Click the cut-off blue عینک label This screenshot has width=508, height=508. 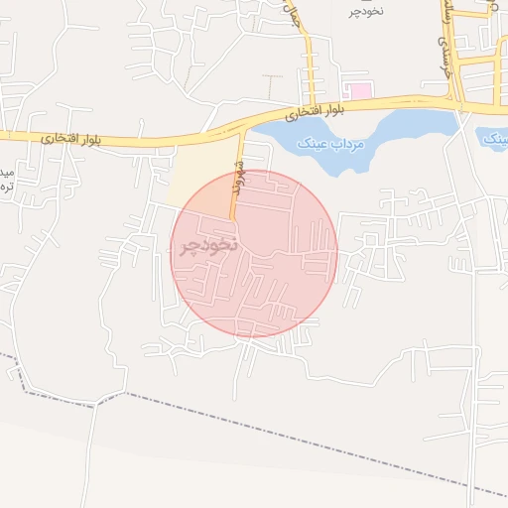point(496,139)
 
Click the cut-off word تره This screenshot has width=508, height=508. point(5,187)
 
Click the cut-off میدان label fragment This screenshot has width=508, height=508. point(5,166)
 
